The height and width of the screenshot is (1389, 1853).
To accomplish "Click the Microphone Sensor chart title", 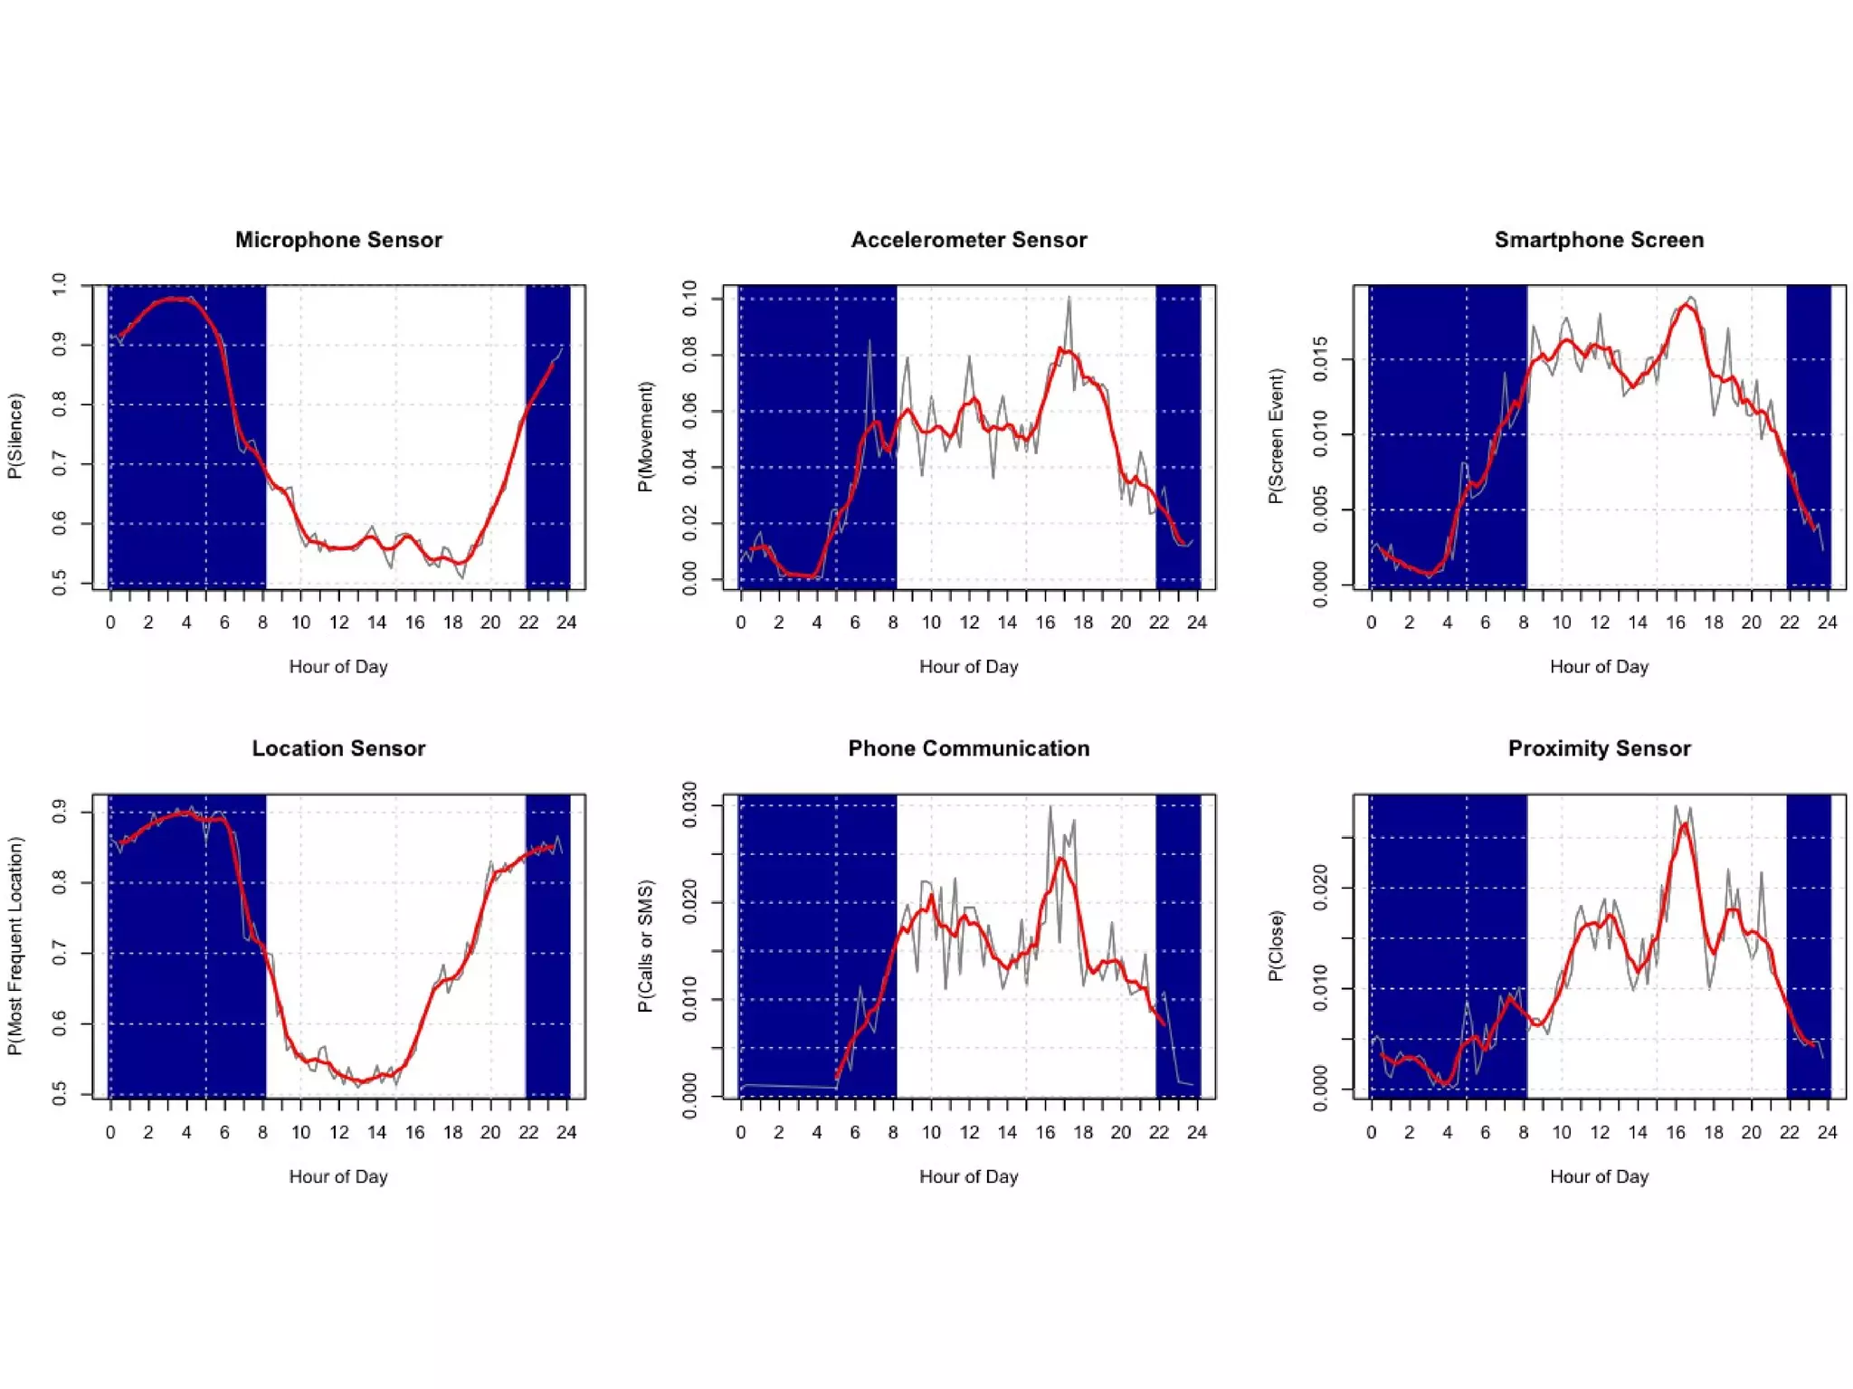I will pyautogui.click(x=338, y=240).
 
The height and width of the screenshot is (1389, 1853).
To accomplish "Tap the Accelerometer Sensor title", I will pyautogui.click(x=968, y=240).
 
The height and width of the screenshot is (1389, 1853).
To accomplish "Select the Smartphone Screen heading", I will pyautogui.click(x=1598, y=240).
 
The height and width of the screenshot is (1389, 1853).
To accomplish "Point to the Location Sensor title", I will pyautogui.click(x=338, y=748).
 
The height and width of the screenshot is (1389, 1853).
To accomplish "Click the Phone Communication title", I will pyautogui.click(x=968, y=748).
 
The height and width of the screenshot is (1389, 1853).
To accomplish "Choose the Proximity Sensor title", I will pyautogui.click(x=1598, y=748).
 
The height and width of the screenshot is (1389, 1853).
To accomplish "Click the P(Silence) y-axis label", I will pyautogui.click(x=15, y=435).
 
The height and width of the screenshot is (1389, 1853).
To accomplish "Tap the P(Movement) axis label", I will pyautogui.click(x=645, y=436).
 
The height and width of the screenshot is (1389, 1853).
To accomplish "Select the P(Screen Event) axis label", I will pyautogui.click(x=1276, y=435).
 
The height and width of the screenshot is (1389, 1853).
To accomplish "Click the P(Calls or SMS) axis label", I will pyautogui.click(x=645, y=946).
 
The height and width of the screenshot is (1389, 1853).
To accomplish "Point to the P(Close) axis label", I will pyautogui.click(x=1276, y=946).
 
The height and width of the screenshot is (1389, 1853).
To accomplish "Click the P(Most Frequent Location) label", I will pyautogui.click(x=15, y=946).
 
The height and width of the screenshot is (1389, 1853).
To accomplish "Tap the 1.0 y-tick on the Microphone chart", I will pyautogui.click(x=60, y=284).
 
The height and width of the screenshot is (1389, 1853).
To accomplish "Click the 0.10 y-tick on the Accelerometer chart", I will pyautogui.click(x=689, y=298).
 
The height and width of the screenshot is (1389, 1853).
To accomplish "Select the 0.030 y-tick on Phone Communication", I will pyautogui.click(x=689, y=804).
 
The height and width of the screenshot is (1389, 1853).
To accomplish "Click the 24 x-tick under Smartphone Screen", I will pyautogui.click(x=1827, y=623).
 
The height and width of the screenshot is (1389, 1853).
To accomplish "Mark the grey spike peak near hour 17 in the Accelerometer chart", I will pyautogui.click(x=1069, y=297).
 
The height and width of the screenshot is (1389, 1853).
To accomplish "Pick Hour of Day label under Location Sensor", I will pyautogui.click(x=338, y=1176).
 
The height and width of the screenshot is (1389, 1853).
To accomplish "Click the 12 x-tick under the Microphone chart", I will pyautogui.click(x=338, y=623).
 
